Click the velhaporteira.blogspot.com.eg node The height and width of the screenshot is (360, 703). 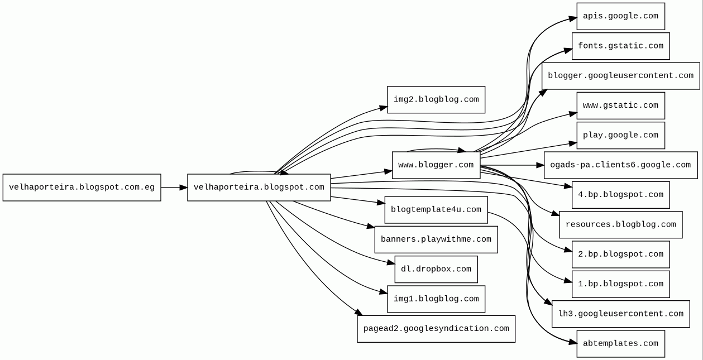coord(82,188)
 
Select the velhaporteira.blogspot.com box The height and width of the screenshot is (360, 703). coord(259,188)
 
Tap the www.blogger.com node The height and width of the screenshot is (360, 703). coord(436,165)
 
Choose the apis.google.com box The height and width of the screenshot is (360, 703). coord(620,16)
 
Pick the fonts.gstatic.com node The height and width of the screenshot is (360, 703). coord(620,46)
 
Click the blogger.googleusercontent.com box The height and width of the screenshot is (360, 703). coord(620,76)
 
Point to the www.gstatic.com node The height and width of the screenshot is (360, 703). coord(620,105)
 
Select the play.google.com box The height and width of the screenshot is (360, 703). coord(620,135)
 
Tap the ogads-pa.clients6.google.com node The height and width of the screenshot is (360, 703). coord(620,165)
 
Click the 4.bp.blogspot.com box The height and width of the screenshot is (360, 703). coord(620,195)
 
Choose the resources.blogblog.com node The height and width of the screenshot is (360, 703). coord(620,224)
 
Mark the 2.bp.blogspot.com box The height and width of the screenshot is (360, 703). coord(620,255)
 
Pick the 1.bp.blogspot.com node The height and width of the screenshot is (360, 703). coord(620,284)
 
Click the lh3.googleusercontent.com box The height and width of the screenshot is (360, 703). coord(620,314)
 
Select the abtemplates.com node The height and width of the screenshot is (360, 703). coord(620,344)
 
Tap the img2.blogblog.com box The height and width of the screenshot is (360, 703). coord(436,100)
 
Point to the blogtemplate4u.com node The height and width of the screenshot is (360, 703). coord(436,210)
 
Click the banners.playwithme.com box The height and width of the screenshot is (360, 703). coord(436,239)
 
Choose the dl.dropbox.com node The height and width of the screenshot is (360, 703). coord(436,269)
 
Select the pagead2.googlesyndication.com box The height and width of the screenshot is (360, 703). coord(436,329)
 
